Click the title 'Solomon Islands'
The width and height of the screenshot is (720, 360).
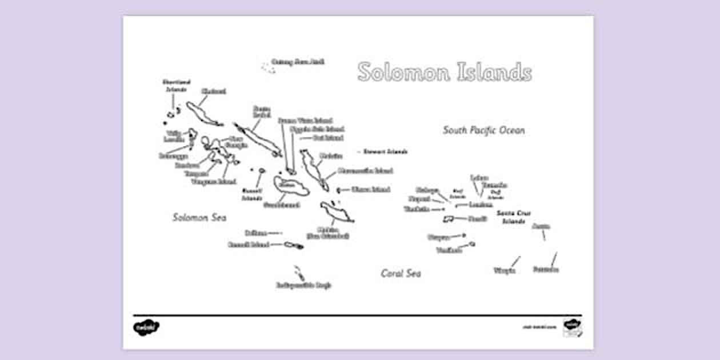tap(445, 73)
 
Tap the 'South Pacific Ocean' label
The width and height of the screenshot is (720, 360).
tap(483, 130)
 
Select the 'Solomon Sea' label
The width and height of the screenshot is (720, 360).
tap(199, 218)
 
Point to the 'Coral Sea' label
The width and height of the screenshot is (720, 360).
tap(401, 274)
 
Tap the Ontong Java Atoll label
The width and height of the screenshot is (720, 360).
tap(298, 62)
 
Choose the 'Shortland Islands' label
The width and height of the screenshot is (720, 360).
tap(177, 86)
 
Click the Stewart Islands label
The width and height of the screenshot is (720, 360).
tap(386, 152)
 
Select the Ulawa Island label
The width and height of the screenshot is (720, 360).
tap(370, 189)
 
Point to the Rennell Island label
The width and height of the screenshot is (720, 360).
tap(249, 245)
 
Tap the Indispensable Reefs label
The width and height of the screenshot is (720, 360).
tap(304, 285)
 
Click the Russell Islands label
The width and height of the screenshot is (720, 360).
tap(252, 194)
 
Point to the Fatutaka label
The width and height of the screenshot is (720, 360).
tap(546, 269)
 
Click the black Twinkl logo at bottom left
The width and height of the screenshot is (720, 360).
tap(146, 327)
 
